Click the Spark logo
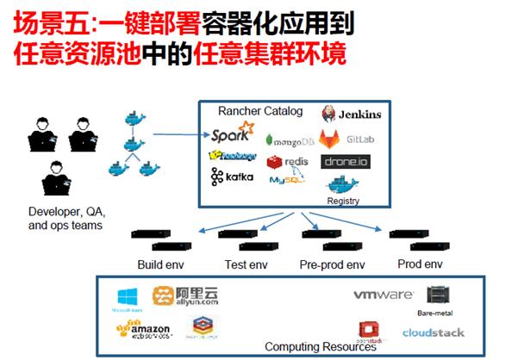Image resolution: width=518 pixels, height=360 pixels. click(232, 135)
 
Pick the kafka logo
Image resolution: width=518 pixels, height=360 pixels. click(233, 177)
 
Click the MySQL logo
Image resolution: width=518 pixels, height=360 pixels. click(287, 180)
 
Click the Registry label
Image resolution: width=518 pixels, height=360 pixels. click(343, 202)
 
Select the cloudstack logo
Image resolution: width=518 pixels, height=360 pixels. click(433, 332)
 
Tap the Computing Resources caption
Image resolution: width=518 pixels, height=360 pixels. click(320, 347)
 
